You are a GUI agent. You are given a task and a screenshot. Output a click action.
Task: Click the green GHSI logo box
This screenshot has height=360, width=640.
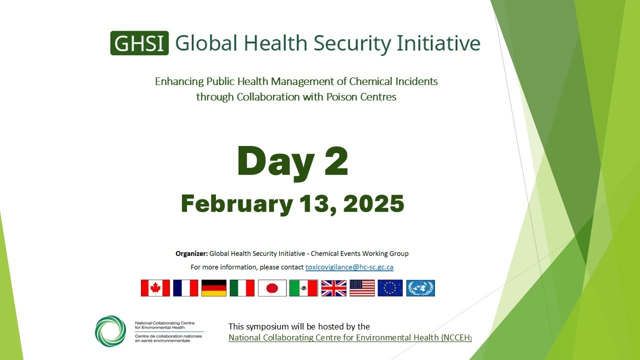click(139, 43)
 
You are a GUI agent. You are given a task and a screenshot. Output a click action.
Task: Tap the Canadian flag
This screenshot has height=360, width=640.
click(155, 288)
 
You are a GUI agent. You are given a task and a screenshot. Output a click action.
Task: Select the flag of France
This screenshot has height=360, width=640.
click(185, 288)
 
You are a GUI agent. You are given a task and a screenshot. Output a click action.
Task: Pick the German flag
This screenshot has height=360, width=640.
click(214, 288)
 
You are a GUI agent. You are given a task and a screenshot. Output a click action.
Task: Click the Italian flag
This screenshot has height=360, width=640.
click(242, 288)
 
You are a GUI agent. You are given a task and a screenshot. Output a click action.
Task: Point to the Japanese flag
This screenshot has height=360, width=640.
click(272, 288)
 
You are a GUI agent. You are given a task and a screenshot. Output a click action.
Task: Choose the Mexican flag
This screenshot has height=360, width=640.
click(303, 288)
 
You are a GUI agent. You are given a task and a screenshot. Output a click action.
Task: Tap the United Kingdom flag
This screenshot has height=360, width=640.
click(333, 288)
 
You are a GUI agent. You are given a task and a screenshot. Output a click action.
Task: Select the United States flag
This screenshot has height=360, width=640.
click(362, 288)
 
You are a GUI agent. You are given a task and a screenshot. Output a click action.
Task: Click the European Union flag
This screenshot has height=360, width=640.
click(390, 288)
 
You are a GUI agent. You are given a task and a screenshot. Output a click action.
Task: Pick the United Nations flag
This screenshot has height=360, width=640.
click(420, 288)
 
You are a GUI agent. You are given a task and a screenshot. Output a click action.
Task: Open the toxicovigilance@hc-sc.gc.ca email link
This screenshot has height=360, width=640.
click(349, 267)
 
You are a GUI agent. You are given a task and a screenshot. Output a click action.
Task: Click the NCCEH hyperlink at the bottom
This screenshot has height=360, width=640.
click(350, 338)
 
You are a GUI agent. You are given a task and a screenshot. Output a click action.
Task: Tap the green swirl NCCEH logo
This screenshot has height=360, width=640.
click(110, 331)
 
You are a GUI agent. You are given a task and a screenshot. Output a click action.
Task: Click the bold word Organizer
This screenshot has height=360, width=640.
click(191, 253)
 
